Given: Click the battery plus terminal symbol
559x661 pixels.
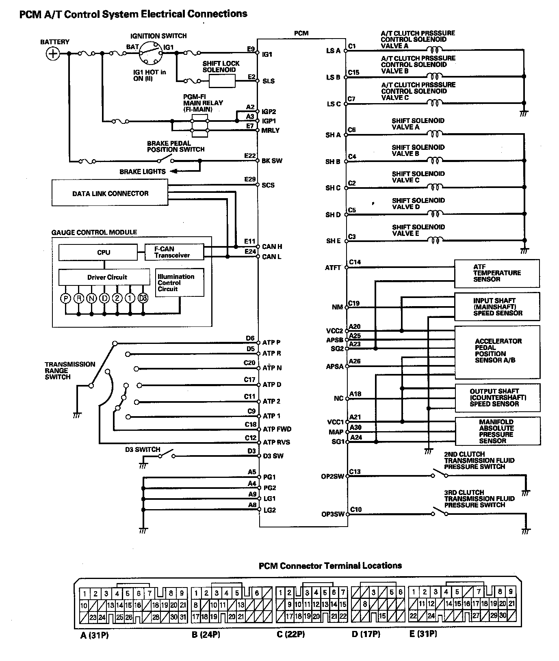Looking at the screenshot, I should [x=53, y=53].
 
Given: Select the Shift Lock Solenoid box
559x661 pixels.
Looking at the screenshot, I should [x=222, y=81].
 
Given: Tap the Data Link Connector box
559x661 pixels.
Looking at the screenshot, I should [x=110, y=193].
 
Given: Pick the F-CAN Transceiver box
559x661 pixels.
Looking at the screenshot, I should [x=174, y=252].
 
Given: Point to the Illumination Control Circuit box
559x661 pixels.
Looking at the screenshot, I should [x=180, y=283].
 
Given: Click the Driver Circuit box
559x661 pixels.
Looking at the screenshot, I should [x=104, y=277].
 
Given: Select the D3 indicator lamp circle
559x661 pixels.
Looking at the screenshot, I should [x=143, y=298].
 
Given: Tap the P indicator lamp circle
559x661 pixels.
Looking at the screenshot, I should [x=65, y=298].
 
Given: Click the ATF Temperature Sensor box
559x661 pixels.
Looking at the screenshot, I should [x=497, y=273].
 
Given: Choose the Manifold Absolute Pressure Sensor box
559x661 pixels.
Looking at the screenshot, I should [x=498, y=431].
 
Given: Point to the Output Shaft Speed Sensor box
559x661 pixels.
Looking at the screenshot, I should [x=498, y=398].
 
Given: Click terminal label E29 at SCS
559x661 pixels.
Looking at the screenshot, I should [x=250, y=179].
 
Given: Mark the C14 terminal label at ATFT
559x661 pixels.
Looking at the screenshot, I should [x=355, y=262].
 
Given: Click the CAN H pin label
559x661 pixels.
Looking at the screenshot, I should [x=272, y=246].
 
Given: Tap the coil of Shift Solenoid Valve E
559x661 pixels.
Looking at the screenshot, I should [x=435, y=241].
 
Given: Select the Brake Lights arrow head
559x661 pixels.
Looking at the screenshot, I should [x=173, y=171].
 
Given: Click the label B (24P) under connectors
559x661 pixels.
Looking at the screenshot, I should [x=206, y=634].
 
